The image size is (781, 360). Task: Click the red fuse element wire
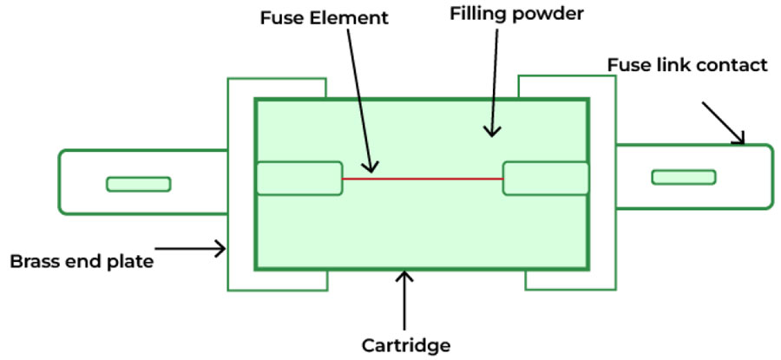point(422,179)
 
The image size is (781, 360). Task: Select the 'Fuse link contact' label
point(687,65)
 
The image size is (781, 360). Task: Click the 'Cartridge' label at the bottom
point(406,345)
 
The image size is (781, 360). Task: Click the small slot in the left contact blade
point(139,184)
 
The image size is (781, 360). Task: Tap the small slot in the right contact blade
point(684,178)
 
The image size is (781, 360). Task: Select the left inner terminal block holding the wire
point(299,179)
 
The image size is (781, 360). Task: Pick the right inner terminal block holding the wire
point(545,179)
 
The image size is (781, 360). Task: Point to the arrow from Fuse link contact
point(723,122)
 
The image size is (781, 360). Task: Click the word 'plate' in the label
point(133,260)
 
